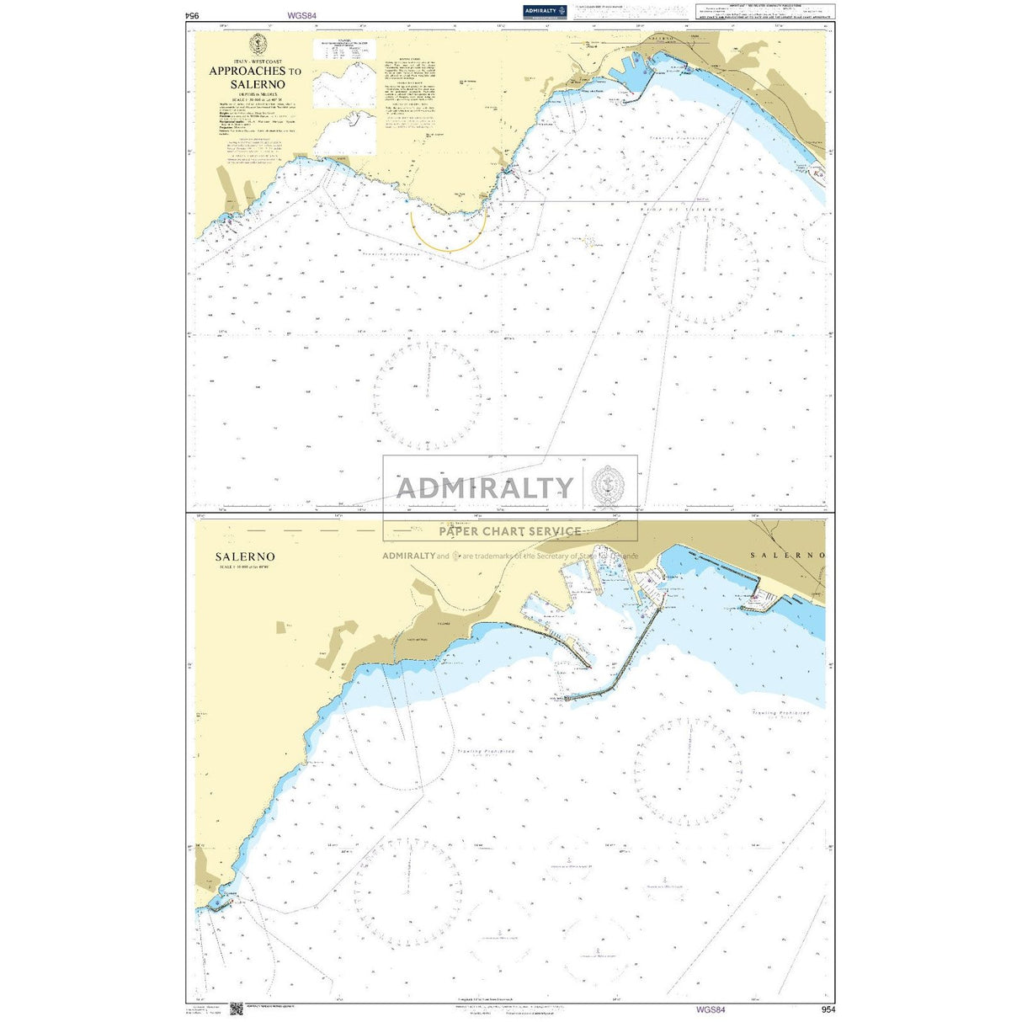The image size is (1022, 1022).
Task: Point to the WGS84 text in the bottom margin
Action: tap(711, 1009)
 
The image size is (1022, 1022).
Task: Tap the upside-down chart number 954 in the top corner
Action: tap(193, 15)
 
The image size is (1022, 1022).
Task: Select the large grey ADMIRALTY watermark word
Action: tap(485, 488)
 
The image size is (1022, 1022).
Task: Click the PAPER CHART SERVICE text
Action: tap(510, 531)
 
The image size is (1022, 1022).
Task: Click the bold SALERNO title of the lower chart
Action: tap(244, 556)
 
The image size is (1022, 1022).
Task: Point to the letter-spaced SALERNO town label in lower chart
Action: tap(787, 556)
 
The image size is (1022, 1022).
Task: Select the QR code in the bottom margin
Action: tap(236, 1008)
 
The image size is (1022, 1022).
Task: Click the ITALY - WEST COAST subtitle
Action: tap(258, 62)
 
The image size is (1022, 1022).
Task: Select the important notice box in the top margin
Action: tap(765, 11)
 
